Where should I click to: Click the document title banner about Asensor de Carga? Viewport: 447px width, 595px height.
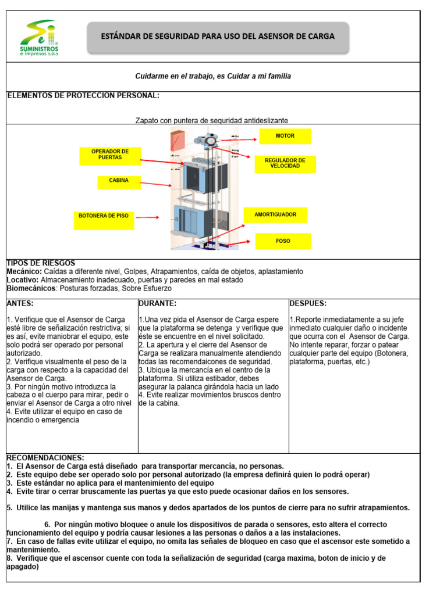pos(218,37)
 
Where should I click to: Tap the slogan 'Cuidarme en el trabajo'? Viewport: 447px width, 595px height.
pos(213,77)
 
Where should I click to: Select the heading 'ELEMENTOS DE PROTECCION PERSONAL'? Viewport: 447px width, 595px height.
pos(83,96)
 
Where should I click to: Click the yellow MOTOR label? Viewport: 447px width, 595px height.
pos(285,136)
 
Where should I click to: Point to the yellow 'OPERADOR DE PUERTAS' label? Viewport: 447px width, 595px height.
pos(111,155)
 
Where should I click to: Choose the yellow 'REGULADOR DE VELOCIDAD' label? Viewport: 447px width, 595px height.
pos(285,163)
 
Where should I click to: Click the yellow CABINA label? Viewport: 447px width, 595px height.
pos(119,181)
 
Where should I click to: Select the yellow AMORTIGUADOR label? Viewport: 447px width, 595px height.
pos(275,215)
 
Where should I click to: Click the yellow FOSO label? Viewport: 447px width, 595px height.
pos(283,241)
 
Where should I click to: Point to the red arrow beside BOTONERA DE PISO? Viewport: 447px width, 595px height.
pos(148,218)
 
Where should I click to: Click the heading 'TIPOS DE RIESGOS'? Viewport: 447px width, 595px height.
pos(41,264)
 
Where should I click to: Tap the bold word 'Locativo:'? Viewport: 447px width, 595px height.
pos(22,280)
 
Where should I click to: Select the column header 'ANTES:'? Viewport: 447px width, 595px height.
pos(20,303)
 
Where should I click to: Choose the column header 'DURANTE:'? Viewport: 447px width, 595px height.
pos(158,303)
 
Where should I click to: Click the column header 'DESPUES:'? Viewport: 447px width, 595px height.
pos(308,303)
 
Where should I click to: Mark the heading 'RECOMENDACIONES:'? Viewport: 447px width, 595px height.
pos(45,458)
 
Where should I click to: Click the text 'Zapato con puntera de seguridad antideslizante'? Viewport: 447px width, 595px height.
pos(212,120)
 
